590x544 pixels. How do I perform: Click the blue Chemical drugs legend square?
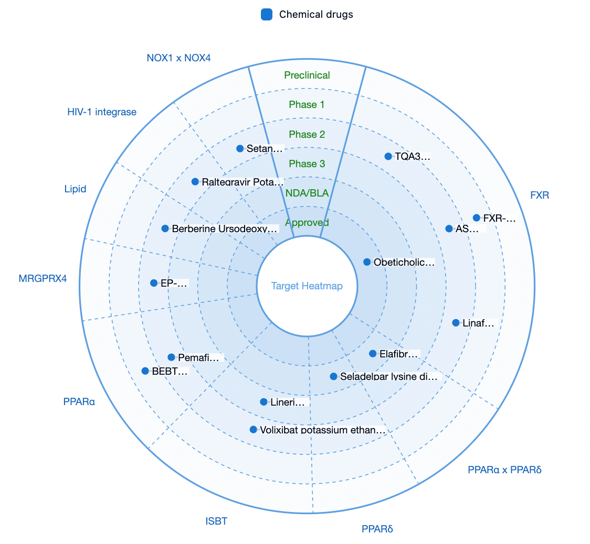click(267, 15)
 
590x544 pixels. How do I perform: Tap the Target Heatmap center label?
click(307, 286)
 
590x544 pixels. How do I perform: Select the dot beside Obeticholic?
click(367, 262)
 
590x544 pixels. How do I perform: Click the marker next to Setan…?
click(240, 148)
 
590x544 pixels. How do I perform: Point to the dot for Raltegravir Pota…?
click(195, 182)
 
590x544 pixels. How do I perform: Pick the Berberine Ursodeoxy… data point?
click(165, 229)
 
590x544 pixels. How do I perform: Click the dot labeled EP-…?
click(153, 283)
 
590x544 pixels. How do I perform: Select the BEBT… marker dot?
click(145, 371)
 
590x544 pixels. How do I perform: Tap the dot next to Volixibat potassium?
click(253, 429)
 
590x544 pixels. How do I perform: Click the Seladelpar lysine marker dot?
click(333, 376)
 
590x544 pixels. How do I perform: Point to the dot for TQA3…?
click(388, 156)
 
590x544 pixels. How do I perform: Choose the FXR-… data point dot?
click(477, 218)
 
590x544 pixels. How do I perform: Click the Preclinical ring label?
click(307, 75)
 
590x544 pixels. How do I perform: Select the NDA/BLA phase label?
click(307, 193)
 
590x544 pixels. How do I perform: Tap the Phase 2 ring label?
click(307, 134)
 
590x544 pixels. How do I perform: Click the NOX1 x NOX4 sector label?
click(178, 58)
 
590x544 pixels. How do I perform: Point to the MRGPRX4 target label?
click(43, 278)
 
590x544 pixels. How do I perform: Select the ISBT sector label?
click(216, 521)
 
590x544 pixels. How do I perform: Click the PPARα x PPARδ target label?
click(504, 470)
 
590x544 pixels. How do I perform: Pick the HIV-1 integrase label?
click(102, 112)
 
